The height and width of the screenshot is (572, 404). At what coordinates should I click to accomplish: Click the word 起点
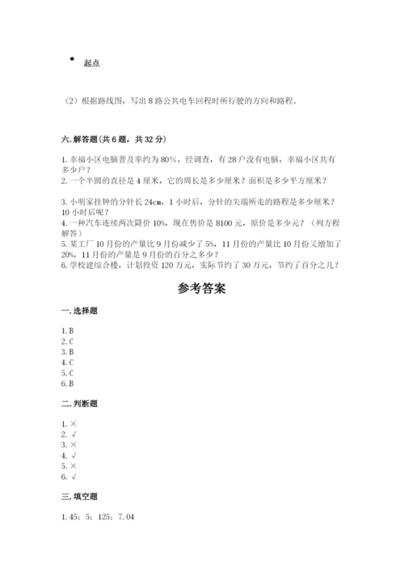click(x=91, y=63)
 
